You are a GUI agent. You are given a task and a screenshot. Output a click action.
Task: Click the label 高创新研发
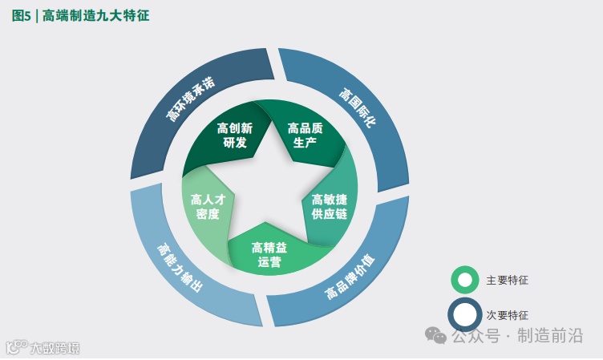tap(235, 136)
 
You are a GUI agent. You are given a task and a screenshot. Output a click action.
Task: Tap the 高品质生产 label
tap(305, 136)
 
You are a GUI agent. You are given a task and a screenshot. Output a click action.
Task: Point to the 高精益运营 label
tap(269, 254)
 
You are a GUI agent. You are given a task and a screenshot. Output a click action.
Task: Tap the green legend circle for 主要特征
tap(464, 280)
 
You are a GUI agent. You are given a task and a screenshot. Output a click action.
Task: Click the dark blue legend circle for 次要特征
tap(464, 315)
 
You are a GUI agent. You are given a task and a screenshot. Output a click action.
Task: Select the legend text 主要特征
tap(507, 281)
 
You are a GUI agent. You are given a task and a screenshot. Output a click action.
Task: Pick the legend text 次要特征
tap(507, 315)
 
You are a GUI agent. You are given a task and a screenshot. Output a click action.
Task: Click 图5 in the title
tap(22, 15)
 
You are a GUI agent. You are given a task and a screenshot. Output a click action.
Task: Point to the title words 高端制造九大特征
tap(96, 15)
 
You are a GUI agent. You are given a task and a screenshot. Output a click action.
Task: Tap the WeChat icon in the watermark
tap(436, 334)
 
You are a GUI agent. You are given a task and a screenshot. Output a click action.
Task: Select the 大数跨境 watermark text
tap(55, 349)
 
